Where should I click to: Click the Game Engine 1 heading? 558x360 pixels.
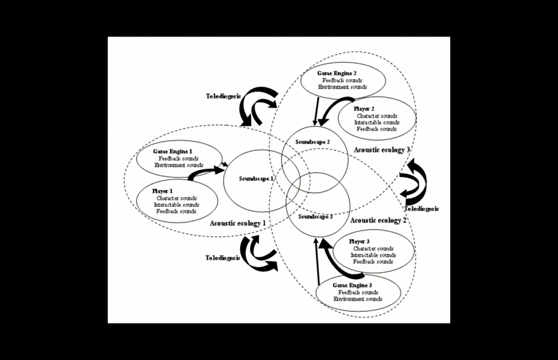[173, 152]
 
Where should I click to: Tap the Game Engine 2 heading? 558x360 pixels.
[339, 73]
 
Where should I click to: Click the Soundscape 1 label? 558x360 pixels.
[256, 178]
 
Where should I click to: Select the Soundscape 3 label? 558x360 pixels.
[316, 217]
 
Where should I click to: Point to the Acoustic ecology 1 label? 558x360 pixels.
[238, 222]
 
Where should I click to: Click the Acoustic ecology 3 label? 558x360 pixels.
[382, 149]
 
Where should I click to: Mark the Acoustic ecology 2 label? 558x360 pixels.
[379, 220]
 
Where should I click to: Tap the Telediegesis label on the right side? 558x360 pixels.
[422, 209]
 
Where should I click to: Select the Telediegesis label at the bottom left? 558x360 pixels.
[223, 257]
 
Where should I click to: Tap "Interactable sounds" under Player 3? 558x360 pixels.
[373, 255]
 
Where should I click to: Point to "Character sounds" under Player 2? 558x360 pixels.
[377, 116]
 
